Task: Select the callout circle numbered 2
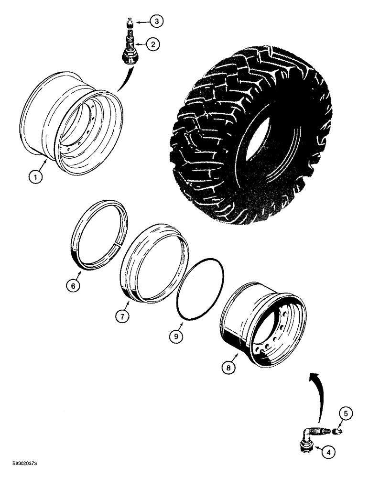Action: [x=152, y=45]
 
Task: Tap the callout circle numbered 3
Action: [x=156, y=21]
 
